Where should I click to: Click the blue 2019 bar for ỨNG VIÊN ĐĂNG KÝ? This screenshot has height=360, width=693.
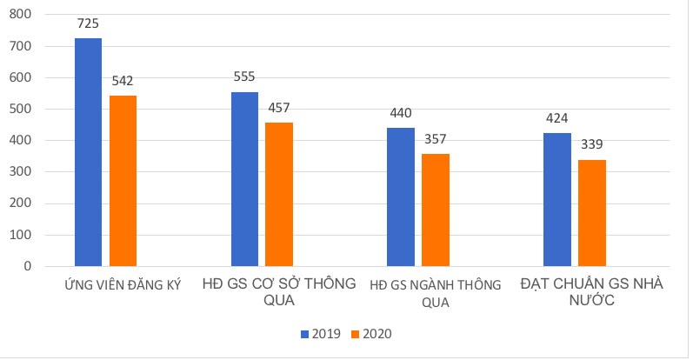click(88, 152)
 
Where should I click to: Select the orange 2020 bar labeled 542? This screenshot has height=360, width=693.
click(123, 181)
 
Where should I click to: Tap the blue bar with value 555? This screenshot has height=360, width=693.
click(244, 179)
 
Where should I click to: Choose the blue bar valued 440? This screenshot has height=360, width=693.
click(401, 197)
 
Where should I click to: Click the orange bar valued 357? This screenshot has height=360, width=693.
click(436, 210)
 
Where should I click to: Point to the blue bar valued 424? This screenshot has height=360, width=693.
click(557, 199)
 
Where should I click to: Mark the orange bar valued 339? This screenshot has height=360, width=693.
click(592, 213)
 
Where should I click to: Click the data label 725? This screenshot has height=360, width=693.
click(88, 23)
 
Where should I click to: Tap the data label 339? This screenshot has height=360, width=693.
click(592, 144)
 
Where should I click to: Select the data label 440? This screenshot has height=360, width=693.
click(401, 113)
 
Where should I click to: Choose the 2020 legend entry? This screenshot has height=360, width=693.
click(370, 334)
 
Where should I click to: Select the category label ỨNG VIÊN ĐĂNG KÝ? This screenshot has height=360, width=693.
click(123, 285)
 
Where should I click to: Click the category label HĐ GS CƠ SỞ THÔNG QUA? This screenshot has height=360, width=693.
click(278, 292)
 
